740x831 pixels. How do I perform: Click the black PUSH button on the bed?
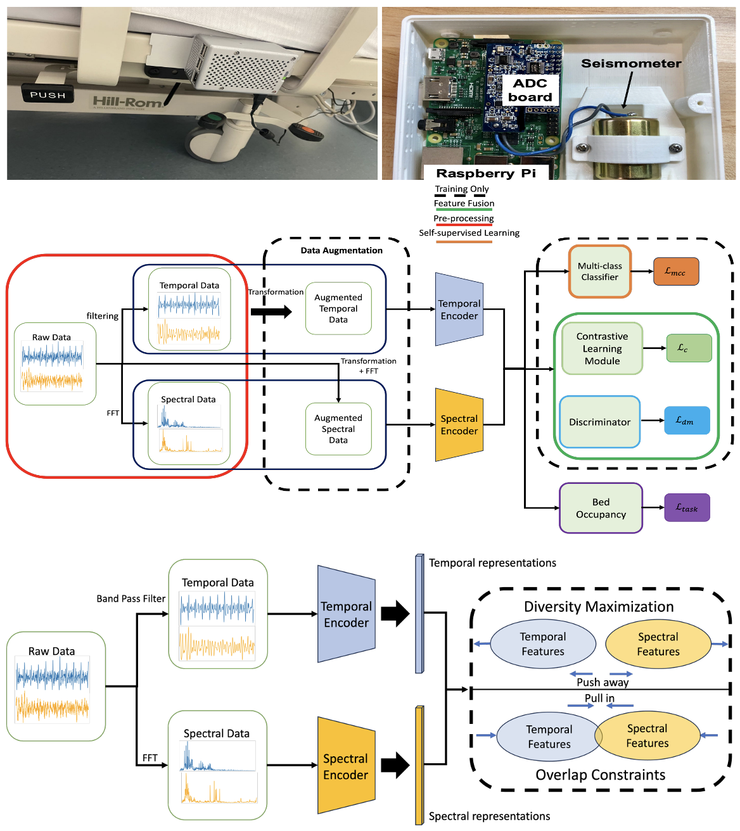(x=48, y=95)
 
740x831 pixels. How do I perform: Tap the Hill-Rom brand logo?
(x=127, y=101)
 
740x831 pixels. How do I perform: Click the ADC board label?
(x=530, y=90)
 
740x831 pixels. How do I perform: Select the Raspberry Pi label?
(x=485, y=173)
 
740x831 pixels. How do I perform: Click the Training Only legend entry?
(x=461, y=189)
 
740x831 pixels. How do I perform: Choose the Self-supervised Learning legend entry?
(x=469, y=233)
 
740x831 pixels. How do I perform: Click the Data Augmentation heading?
(x=341, y=250)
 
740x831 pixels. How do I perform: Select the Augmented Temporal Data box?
(x=338, y=308)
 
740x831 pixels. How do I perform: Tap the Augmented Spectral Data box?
(x=338, y=429)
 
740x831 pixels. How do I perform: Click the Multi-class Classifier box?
(x=599, y=271)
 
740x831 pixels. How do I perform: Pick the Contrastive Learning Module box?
(x=602, y=348)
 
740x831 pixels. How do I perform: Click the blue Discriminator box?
(x=599, y=422)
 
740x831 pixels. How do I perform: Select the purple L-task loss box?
(x=687, y=508)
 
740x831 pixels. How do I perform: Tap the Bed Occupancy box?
(x=601, y=508)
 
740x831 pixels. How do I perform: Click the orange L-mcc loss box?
(x=675, y=271)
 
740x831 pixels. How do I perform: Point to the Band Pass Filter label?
(x=131, y=599)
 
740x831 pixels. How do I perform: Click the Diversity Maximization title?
(x=599, y=607)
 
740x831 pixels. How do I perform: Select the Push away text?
(x=603, y=682)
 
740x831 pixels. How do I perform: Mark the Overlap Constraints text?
(x=600, y=775)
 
